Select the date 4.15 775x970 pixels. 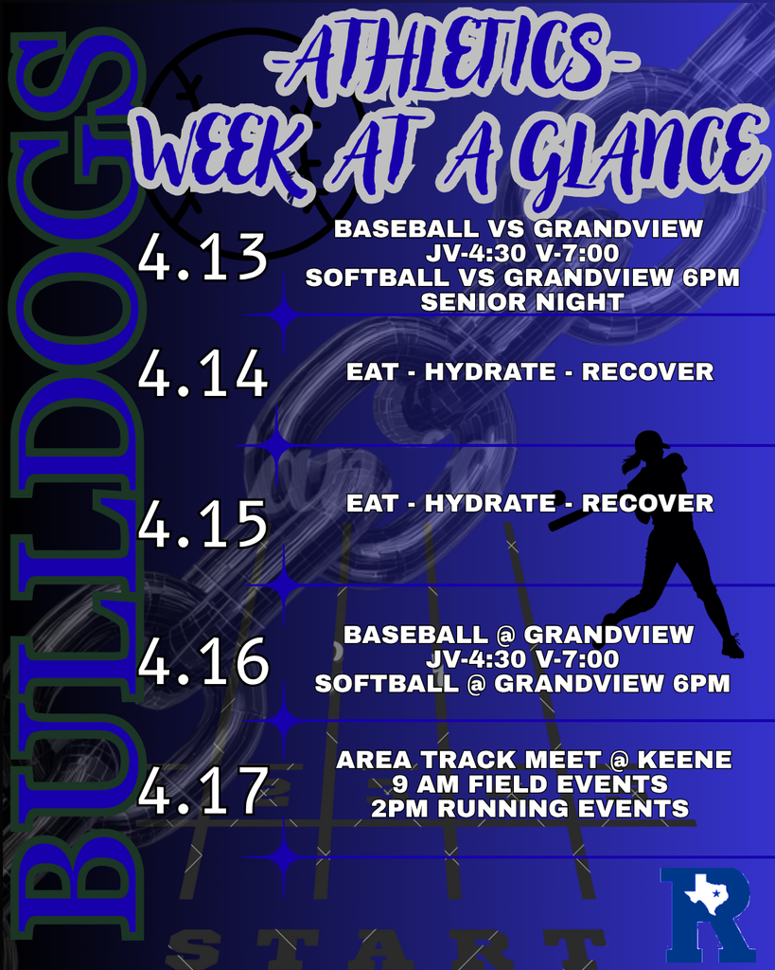click(202, 523)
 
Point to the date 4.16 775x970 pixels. click(203, 661)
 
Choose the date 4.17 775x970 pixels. click(202, 792)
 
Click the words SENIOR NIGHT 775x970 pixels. click(521, 303)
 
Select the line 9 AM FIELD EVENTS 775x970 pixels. click(530, 784)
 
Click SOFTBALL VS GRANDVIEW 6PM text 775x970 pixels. click(522, 278)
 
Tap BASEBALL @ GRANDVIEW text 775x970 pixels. click(519, 635)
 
